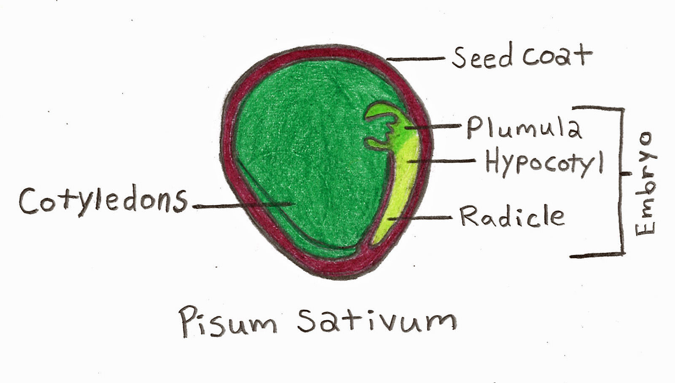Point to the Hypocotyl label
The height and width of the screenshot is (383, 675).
[x=544, y=162]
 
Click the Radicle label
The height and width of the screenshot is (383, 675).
[x=511, y=217]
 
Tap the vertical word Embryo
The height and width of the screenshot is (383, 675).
[x=645, y=183]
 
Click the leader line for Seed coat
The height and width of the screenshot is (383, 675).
[x=415, y=59]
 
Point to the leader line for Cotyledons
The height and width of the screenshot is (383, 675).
[x=240, y=206]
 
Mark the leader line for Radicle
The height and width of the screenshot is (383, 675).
[x=422, y=218]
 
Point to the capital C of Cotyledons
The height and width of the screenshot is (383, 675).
[x=30, y=201]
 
